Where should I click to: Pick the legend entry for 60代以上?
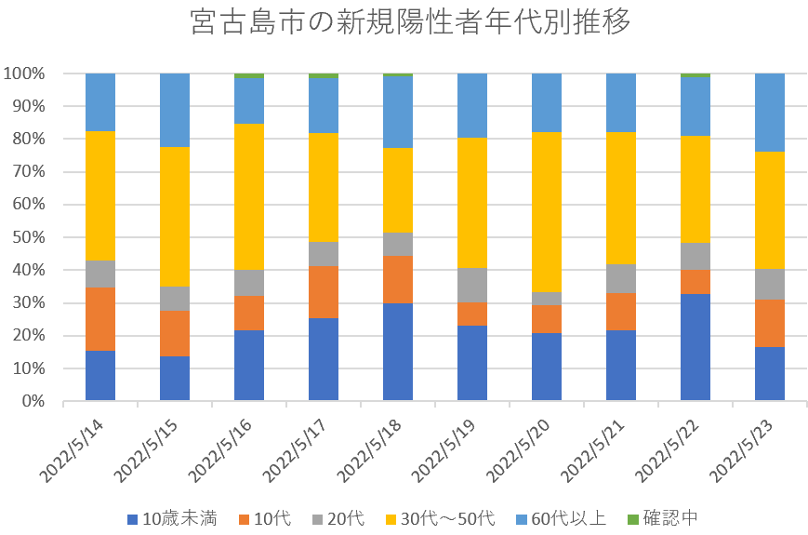click(x=571, y=518)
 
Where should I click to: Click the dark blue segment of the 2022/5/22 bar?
click(x=695, y=347)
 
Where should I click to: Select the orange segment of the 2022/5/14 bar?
click(x=100, y=319)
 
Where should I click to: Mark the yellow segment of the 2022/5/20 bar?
click(x=547, y=212)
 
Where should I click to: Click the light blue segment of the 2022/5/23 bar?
click(x=770, y=113)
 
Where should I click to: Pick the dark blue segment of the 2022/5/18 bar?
click(x=398, y=352)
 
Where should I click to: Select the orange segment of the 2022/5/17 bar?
click(x=324, y=292)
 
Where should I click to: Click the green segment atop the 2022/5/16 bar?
click(x=249, y=75)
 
